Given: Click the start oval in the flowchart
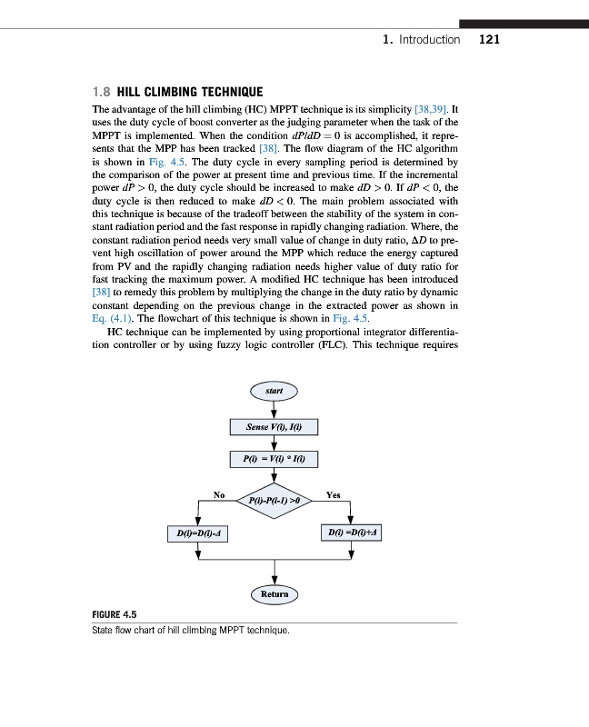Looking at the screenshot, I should coord(274,392).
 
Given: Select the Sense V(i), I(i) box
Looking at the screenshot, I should coord(274,426).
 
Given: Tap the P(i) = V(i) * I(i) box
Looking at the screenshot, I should coord(274,461).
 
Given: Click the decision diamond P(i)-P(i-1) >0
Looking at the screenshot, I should coord(274,499).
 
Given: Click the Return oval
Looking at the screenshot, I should coord(274,594).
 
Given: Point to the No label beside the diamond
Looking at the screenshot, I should coord(219,494).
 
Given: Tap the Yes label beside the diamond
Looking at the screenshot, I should coord(333,495).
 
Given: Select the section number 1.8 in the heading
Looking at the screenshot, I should coord(102,92).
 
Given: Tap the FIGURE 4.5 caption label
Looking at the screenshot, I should coord(115,613).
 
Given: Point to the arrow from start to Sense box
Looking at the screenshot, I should coord(274,408).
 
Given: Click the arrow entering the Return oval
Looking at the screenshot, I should coord(274,573).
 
